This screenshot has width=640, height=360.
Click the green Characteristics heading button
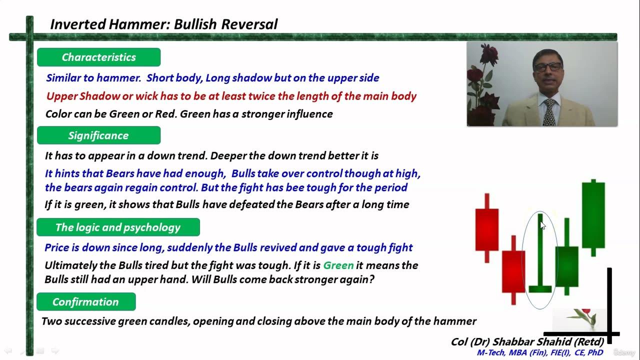click(98, 57)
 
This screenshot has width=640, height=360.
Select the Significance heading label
click(98, 135)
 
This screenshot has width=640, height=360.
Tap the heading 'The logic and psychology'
click(118, 227)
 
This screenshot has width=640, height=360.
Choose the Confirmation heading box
click(86, 302)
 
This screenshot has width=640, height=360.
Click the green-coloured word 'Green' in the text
click(338, 265)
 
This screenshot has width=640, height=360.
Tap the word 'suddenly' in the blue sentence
click(197, 247)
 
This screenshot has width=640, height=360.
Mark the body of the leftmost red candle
click(486, 229)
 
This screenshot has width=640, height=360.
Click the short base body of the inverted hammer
click(540, 288)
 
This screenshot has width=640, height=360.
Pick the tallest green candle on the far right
click(593, 215)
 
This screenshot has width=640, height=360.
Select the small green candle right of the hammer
click(566, 266)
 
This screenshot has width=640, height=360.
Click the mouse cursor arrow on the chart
click(542, 225)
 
